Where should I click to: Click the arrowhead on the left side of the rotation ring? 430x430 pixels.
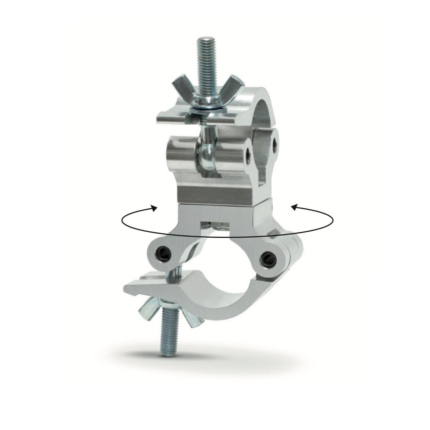[x=154, y=208]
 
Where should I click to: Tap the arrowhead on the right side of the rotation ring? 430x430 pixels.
[x=294, y=208]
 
